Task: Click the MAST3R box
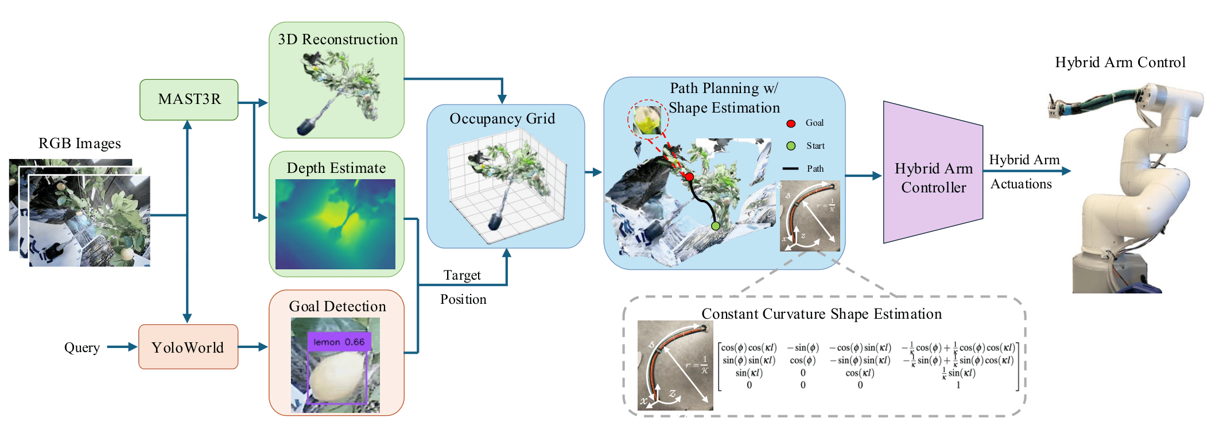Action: (x=189, y=99)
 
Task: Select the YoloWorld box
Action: (x=188, y=347)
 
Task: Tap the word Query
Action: (x=81, y=347)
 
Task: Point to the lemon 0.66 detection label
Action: (x=339, y=342)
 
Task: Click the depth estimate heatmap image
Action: (x=335, y=224)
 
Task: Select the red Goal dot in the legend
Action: (x=791, y=123)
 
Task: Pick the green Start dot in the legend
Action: (x=791, y=146)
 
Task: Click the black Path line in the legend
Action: (x=790, y=169)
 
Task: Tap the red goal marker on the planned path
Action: (x=689, y=177)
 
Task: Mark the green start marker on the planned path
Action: (x=715, y=226)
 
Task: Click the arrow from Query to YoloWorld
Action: (x=122, y=347)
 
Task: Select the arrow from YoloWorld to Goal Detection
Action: (x=253, y=347)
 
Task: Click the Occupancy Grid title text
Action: (x=502, y=119)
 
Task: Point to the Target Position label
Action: (x=463, y=287)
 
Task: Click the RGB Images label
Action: (x=79, y=144)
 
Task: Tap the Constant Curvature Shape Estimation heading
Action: (x=821, y=314)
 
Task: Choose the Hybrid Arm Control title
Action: (x=1120, y=63)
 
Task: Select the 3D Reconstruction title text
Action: (x=337, y=40)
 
